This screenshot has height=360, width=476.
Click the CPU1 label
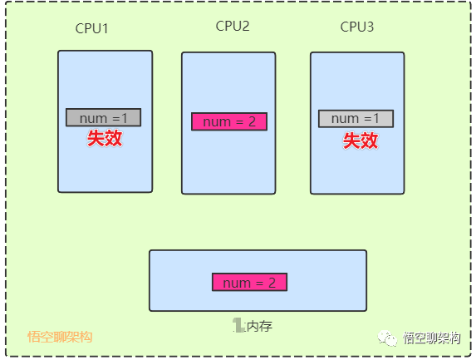pos(91,28)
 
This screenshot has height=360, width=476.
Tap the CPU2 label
pos(233,26)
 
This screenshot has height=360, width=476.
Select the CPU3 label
pos(357,27)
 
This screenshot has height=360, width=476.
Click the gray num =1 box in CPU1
pos(104,117)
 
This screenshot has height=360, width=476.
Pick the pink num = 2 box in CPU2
pos(229,121)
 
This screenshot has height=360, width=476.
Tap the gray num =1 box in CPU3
pos(356,119)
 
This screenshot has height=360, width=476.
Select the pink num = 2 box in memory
pos(249,282)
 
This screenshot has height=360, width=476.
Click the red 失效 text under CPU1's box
pos(105,139)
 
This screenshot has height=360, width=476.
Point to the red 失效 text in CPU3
pos(361,141)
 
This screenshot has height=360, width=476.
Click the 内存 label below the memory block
pos(259,326)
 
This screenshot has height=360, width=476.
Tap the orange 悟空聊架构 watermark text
pos(60,337)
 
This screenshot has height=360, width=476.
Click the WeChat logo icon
pos(387,338)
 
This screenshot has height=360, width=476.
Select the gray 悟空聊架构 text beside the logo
pos(431,338)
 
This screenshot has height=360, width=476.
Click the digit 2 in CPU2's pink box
pos(252,121)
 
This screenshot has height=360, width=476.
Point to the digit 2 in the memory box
pos(272,283)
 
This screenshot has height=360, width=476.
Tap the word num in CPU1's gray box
pos(94,119)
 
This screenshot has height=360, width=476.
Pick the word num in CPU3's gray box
pos(345,119)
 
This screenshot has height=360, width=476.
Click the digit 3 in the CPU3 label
pos(370,27)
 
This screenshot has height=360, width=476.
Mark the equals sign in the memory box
pos(259,284)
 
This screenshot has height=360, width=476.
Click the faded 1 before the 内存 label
pos(238,325)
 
